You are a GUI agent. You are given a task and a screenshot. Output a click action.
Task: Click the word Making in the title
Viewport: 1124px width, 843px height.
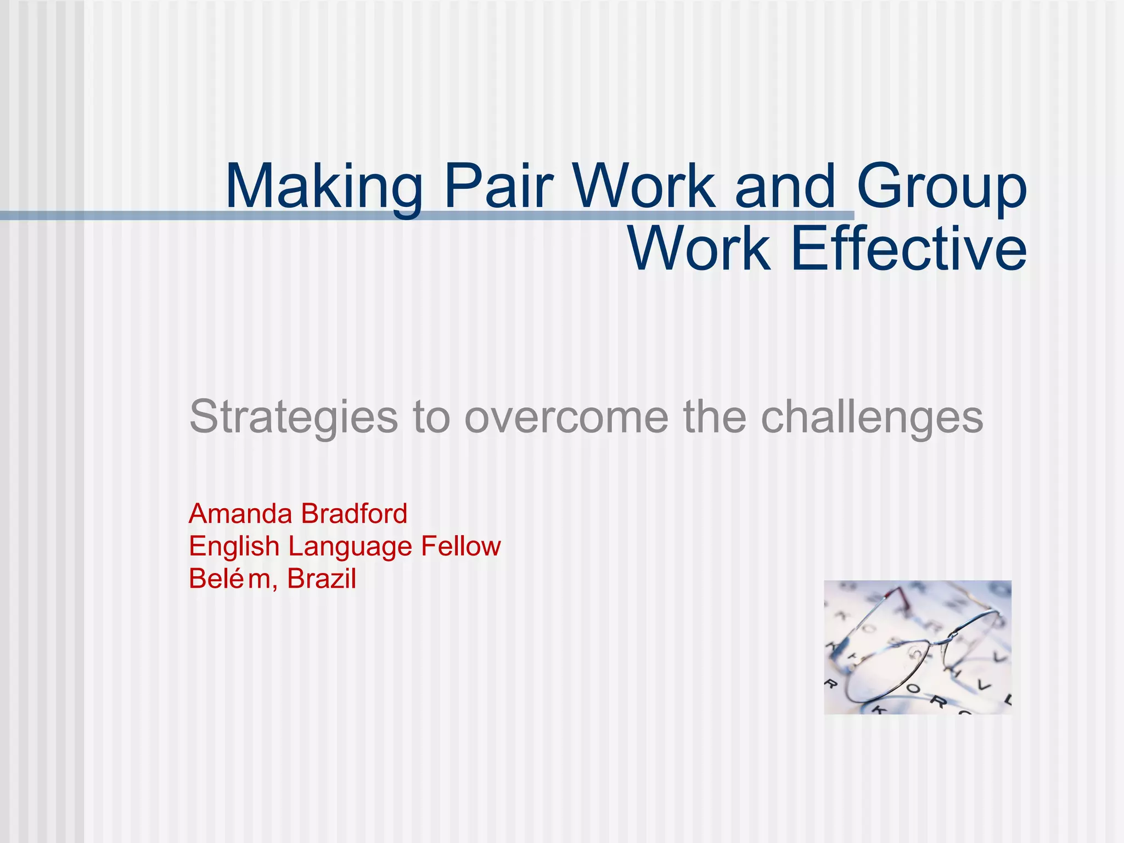tap(324, 187)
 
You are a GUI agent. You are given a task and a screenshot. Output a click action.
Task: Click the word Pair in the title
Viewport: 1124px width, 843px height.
tap(497, 187)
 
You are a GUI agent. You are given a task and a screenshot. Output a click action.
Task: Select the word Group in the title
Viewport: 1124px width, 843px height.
tap(941, 187)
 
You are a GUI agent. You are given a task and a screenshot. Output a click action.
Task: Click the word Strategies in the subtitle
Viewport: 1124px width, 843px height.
tap(293, 417)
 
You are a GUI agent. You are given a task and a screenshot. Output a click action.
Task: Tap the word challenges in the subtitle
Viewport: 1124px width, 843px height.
tap(872, 417)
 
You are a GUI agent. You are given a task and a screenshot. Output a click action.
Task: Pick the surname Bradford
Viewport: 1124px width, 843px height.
tap(354, 514)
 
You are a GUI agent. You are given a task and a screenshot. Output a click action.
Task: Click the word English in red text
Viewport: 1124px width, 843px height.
tap(234, 547)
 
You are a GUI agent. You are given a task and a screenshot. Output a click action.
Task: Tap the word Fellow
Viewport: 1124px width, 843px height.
tap(461, 547)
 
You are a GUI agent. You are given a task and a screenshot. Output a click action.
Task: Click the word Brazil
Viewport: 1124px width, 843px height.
tap(322, 579)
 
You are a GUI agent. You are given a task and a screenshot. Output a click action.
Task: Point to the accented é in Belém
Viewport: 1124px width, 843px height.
tap(237, 579)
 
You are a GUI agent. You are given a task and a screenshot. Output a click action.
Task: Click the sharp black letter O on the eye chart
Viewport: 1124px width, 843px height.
tap(913, 688)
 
